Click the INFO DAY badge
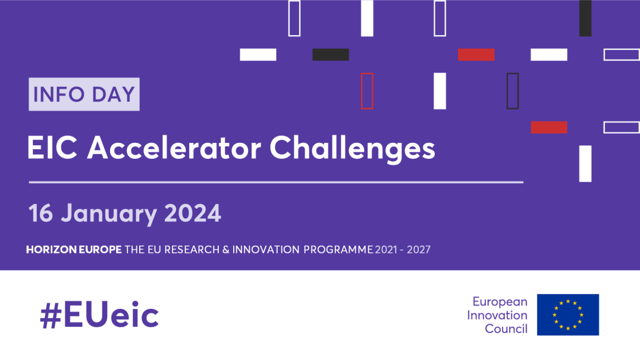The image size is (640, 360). (84, 94)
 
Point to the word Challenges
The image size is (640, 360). (353, 148)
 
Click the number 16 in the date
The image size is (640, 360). (40, 213)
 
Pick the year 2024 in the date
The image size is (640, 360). (193, 213)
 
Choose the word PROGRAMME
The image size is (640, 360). (338, 249)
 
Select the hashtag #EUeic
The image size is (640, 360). (99, 315)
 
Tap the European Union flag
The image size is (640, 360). (567, 314)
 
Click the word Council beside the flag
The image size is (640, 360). (506, 328)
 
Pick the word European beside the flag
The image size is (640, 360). (500, 302)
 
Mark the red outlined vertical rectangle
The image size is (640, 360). (367, 90)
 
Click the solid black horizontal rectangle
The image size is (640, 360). (331, 55)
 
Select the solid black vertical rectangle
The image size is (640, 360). (585, 18)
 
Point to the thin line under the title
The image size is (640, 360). (276, 182)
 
